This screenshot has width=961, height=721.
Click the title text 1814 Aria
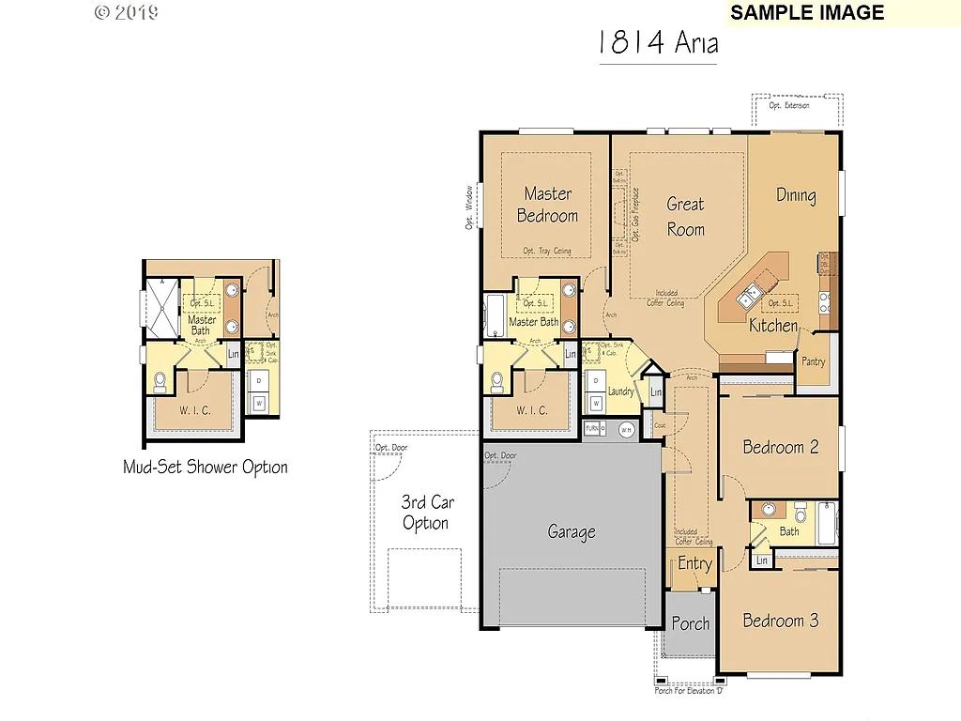click(658, 43)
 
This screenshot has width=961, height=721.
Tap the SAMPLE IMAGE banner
click(807, 13)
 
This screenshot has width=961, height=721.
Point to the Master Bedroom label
click(547, 205)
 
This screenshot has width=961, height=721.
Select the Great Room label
click(685, 216)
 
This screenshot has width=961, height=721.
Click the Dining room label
click(796, 195)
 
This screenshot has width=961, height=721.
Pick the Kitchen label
click(773, 327)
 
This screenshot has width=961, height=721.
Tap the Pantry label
click(813, 361)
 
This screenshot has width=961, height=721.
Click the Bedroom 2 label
click(780, 447)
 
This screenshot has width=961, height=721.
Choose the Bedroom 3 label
click(780, 621)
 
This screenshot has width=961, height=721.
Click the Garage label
click(572, 532)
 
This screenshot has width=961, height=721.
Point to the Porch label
click(691, 623)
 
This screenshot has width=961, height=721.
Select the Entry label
click(694, 563)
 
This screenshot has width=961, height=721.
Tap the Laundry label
click(620, 391)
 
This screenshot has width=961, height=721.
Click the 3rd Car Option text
click(427, 513)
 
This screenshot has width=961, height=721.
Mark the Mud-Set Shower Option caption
click(206, 467)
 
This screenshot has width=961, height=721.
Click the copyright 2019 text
click(127, 13)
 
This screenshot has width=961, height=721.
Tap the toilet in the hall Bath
click(801, 514)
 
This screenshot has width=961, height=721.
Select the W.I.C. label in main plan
click(532, 410)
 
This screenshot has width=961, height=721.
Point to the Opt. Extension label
click(788, 106)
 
